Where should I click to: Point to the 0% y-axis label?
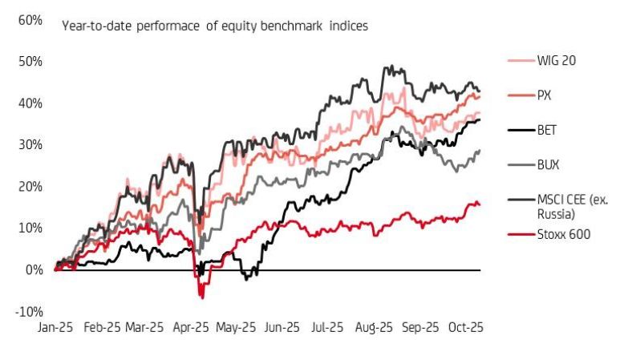[32, 270]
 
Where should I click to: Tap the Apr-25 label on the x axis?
[191, 328]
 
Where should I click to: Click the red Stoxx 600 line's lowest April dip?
[202, 297]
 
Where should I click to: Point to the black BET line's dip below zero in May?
[248, 278]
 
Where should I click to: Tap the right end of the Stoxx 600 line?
[480, 205]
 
